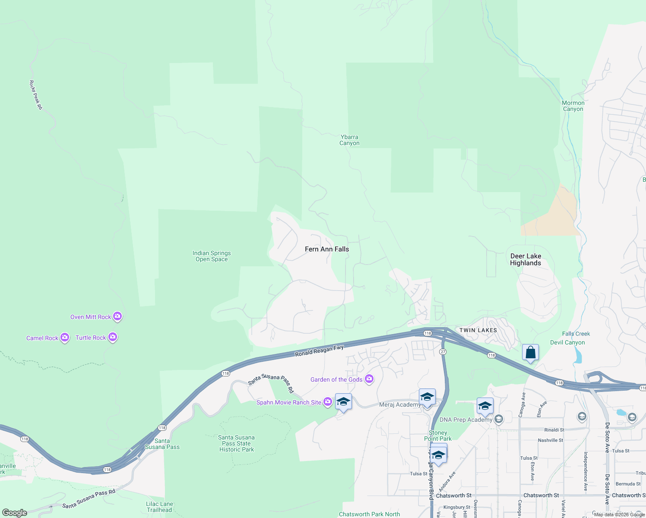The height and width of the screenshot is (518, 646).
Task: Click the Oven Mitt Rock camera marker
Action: click(117, 316)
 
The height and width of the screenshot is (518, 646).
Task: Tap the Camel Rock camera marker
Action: click(65, 337)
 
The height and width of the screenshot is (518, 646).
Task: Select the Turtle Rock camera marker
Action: click(113, 337)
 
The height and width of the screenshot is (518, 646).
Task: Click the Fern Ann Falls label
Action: click(327, 249)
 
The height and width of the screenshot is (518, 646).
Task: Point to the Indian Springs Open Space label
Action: click(212, 256)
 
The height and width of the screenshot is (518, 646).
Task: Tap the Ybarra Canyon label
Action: click(349, 140)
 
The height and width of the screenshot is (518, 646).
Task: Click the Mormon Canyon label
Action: click(573, 106)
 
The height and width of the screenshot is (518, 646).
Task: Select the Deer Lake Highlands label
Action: click(526, 259)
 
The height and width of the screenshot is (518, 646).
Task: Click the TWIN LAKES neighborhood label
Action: click(478, 330)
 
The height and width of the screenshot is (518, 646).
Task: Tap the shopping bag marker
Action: click(530, 352)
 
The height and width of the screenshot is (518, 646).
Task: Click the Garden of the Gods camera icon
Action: click(369, 379)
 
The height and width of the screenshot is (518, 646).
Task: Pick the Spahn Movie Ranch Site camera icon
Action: click(328, 402)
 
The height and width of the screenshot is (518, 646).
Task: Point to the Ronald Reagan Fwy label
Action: click(319, 351)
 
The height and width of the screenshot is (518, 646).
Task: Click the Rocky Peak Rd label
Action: click(36, 95)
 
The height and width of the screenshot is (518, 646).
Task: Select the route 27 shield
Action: click(443, 352)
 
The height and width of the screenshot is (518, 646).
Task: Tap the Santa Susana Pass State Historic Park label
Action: click(237, 443)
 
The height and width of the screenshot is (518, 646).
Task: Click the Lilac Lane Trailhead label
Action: click(159, 507)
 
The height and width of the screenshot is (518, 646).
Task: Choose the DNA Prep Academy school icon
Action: click(499, 419)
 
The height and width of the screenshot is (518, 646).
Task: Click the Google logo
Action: click(15, 513)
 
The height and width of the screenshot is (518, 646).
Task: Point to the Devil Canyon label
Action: click(567, 342)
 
